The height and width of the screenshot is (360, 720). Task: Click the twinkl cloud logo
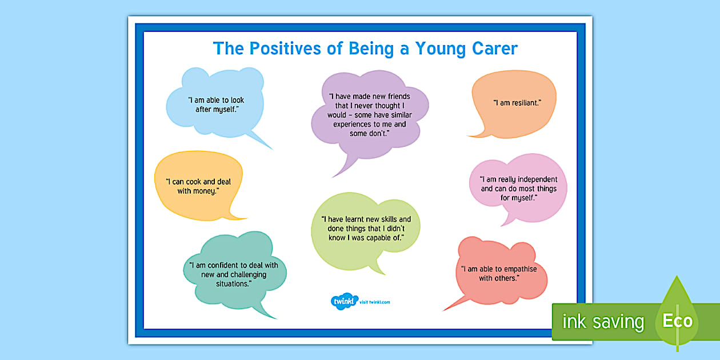(344, 301)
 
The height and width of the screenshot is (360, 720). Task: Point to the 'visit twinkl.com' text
(374, 302)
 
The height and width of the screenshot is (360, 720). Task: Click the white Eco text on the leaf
(677, 321)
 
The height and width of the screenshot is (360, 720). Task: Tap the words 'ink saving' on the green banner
(603, 322)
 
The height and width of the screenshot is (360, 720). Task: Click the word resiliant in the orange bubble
(519, 103)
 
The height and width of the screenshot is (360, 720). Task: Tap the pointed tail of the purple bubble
(336, 174)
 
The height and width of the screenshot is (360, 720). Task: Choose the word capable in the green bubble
(377, 237)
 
